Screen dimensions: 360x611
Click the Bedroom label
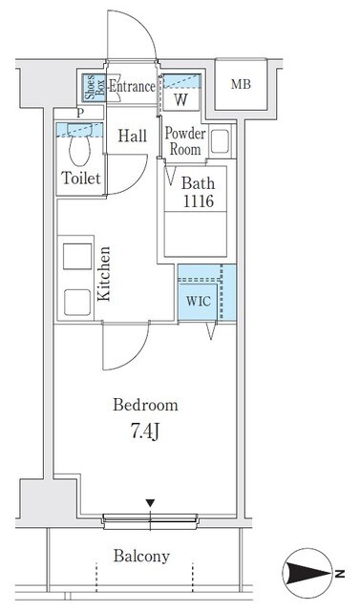145,405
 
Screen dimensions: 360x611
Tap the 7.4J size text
144,433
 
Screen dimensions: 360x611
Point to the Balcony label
141,557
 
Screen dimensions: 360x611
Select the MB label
241,84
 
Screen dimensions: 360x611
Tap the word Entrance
132,87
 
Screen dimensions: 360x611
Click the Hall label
133,136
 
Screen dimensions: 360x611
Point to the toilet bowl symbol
79,144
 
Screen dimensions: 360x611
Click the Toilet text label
81,179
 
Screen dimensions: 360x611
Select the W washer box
181,99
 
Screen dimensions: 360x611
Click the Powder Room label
185,141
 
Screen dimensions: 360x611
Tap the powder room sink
220,141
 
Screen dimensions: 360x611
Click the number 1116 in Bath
199,201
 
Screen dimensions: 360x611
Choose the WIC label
199,301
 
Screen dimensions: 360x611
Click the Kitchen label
104,274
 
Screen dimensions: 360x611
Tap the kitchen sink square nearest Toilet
77,257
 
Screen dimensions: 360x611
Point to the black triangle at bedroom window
150,503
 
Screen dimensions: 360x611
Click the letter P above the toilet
80,114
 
